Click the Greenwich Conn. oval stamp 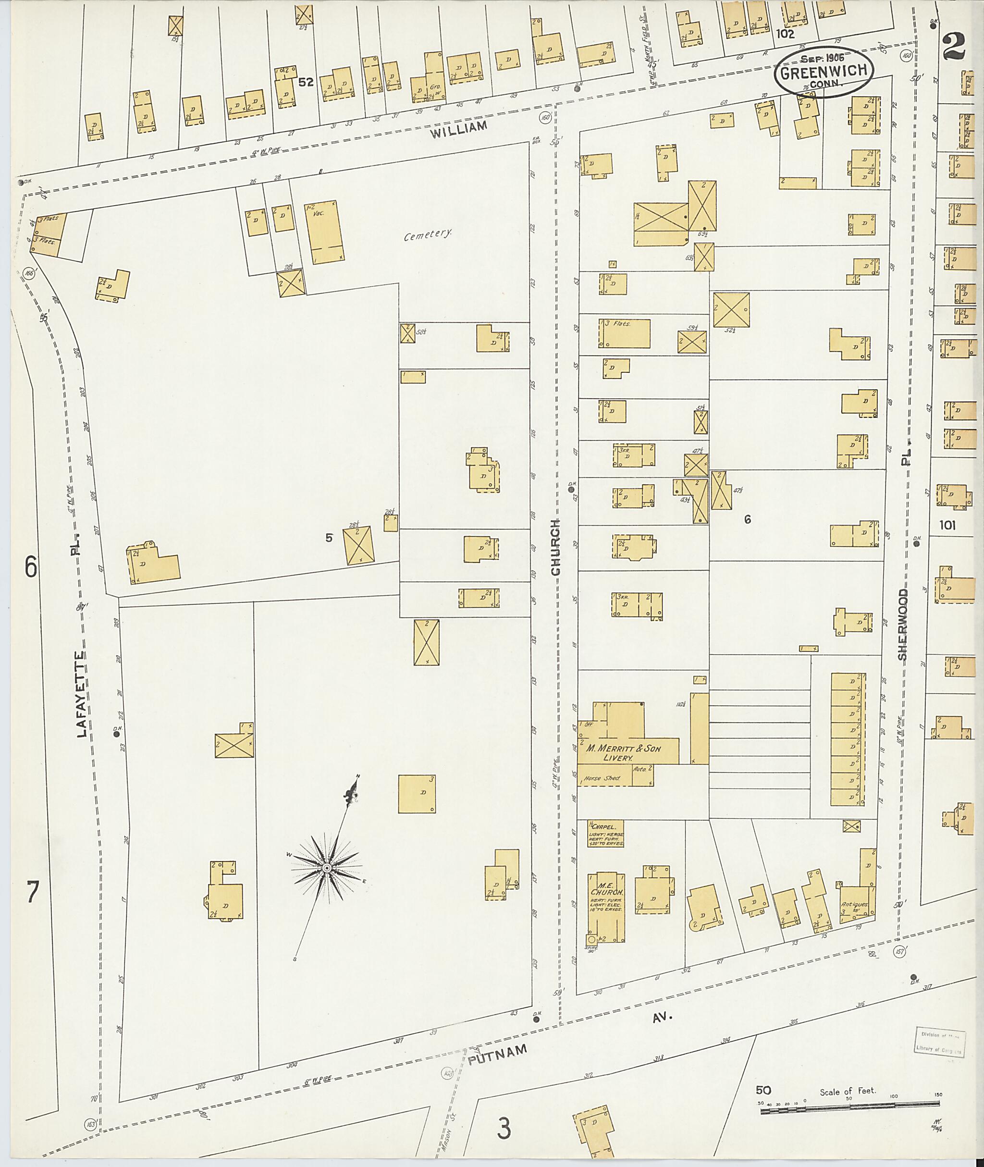(823, 73)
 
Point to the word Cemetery (428, 235)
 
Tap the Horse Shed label (602, 778)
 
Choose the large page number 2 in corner (957, 46)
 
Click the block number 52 (306, 83)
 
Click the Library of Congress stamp (940, 1041)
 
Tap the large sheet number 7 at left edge (32, 893)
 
